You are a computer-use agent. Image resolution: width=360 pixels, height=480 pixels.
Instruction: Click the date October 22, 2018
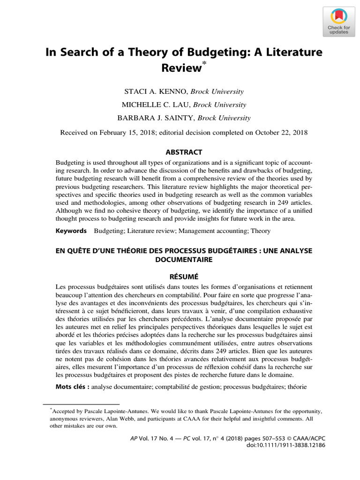281,132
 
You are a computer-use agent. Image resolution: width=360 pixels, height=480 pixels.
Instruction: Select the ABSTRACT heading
184,152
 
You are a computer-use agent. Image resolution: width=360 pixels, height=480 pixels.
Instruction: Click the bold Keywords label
71,231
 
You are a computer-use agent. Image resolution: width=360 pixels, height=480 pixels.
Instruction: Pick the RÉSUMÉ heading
184,276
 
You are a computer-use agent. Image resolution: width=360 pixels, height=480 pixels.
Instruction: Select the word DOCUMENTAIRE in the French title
184,259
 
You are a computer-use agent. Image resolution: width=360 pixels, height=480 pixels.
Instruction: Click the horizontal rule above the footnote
81,403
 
